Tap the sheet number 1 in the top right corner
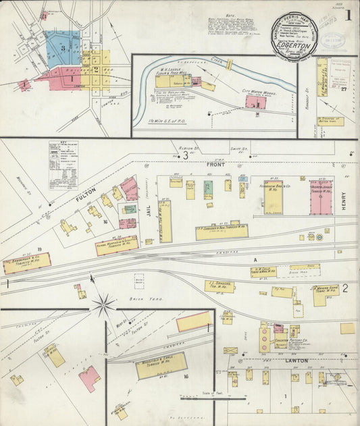point(348,15)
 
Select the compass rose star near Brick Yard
point(103,305)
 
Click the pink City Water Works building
point(255,103)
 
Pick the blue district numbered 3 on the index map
point(63,47)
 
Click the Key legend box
point(63,164)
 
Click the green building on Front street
point(208,188)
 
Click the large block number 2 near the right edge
point(344,289)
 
